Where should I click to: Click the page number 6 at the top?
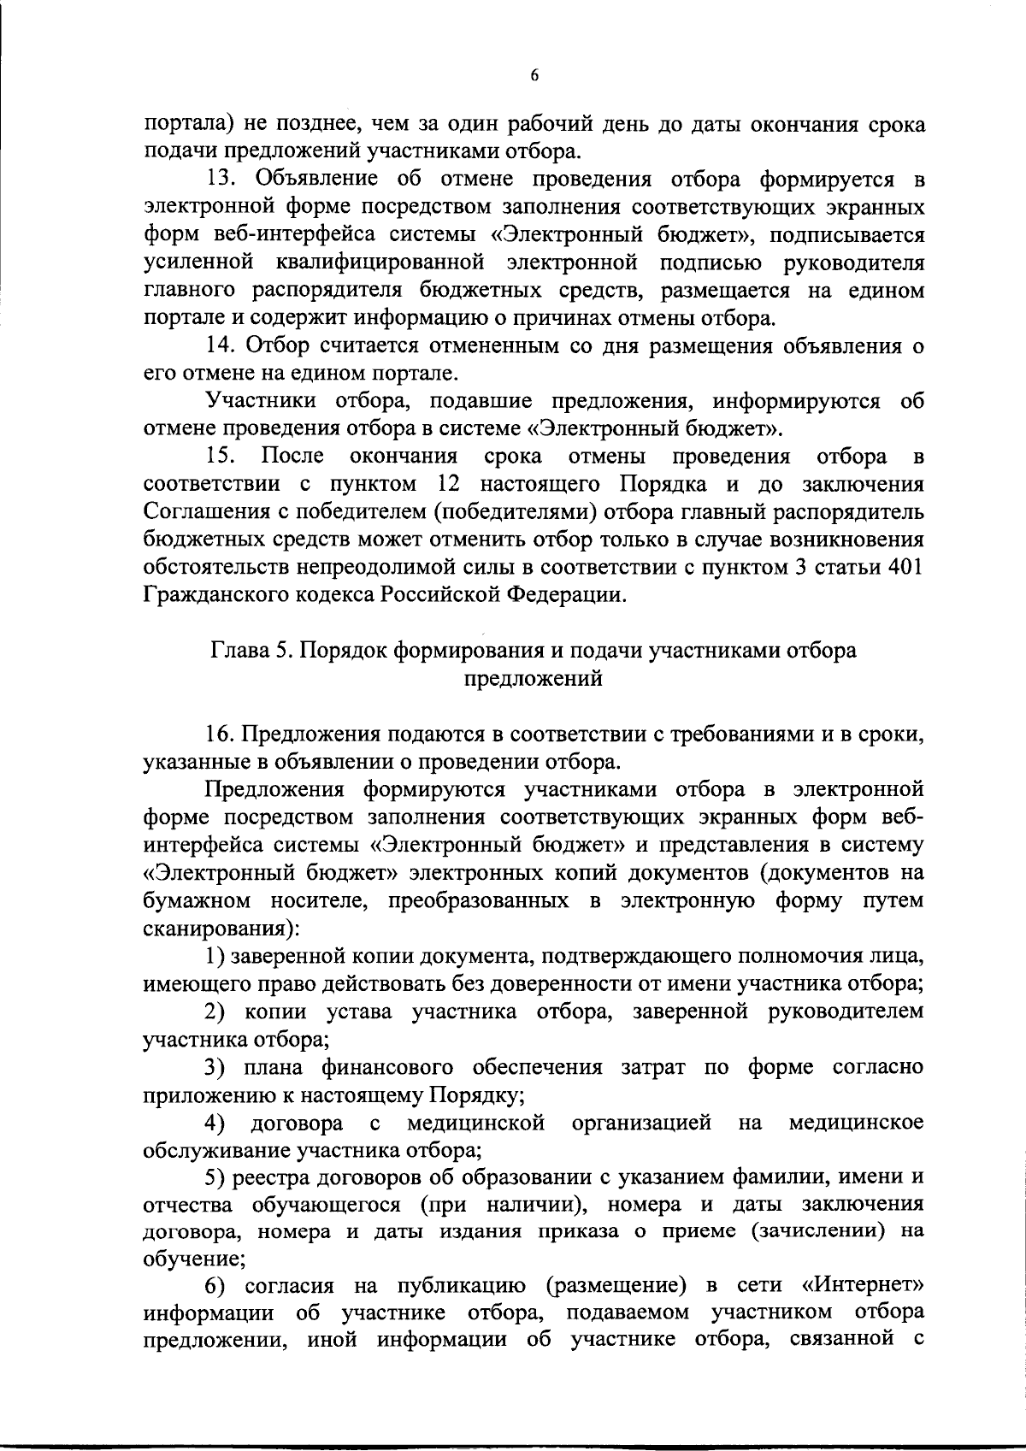click(534, 76)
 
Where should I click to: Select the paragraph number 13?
click(222, 180)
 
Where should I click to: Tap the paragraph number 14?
click(222, 346)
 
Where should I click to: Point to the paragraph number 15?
click(222, 457)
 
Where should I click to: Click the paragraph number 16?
click(222, 734)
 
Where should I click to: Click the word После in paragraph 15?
click(287, 457)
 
